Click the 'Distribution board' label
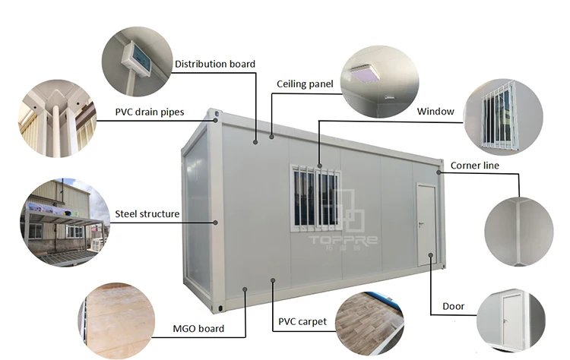pos(215,64)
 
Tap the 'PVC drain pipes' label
pos(150,111)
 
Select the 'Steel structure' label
pos(147,214)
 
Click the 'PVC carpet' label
pos(302,321)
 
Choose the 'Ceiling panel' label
pos(305,84)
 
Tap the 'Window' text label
pos(435,112)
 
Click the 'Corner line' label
pos(475,165)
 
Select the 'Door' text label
pos(453,307)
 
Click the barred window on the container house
pos(315,198)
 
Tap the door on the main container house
pos(426,226)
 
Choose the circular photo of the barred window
pos(503,117)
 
